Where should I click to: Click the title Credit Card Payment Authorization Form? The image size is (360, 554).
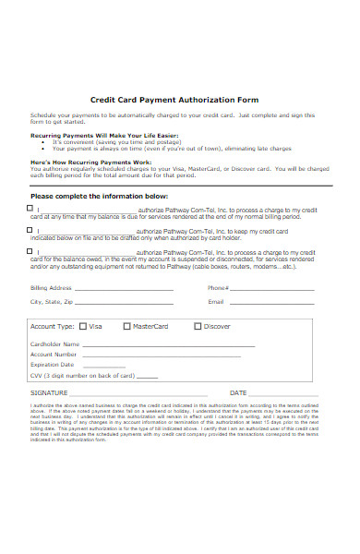click(x=174, y=99)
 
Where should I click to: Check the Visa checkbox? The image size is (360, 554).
click(x=83, y=326)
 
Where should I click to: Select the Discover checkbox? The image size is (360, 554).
click(x=198, y=326)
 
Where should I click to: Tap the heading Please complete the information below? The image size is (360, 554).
click(x=99, y=197)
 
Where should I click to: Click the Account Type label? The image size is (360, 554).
click(x=52, y=327)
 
